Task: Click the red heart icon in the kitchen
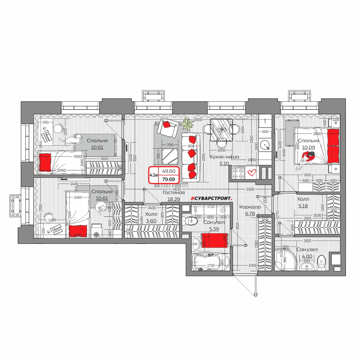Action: point(251,172)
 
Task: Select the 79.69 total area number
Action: point(169,179)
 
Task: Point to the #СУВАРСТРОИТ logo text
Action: point(211,198)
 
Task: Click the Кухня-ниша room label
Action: point(224,157)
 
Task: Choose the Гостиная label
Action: point(174,192)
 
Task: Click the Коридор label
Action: point(250,207)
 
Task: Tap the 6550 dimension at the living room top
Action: point(198,120)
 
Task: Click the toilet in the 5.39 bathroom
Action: point(191,221)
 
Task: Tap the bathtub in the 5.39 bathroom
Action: point(211,262)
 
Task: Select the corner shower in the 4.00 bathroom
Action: point(286,259)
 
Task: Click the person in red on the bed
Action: point(306,160)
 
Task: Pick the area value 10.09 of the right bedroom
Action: point(308,147)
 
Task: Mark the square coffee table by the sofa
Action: point(170,156)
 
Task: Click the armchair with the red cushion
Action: point(168,128)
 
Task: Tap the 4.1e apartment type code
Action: point(154,175)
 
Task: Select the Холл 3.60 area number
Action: point(151,221)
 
